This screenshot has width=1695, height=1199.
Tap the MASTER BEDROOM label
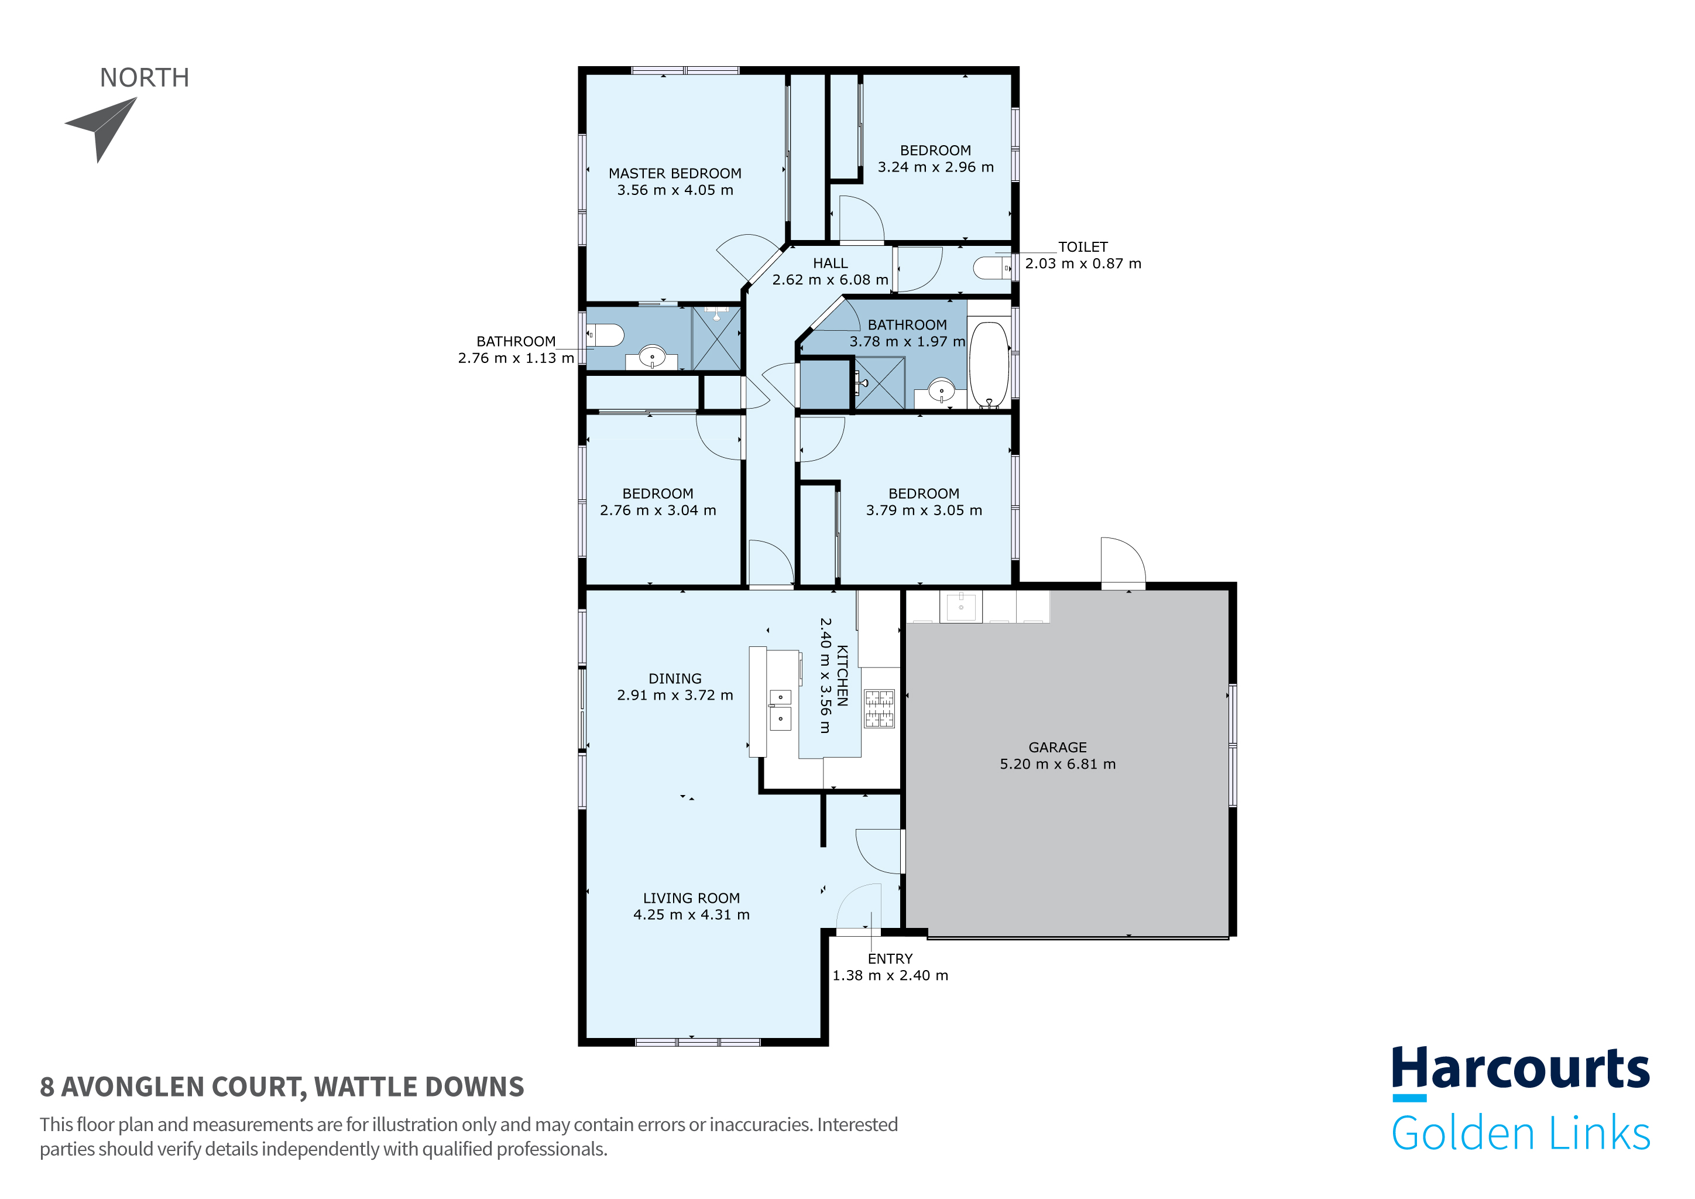(675, 173)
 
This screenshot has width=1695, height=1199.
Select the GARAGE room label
(1057, 747)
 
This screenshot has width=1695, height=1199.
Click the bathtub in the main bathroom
(989, 364)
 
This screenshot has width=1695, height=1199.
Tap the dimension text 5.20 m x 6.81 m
(1057, 764)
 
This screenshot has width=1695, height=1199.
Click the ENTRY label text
(890, 958)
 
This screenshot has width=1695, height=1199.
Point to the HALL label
(830, 263)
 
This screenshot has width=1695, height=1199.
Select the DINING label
(675, 679)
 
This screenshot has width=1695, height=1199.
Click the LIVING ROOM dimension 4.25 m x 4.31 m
(691, 914)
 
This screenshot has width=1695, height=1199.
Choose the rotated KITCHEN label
(842, 676)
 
